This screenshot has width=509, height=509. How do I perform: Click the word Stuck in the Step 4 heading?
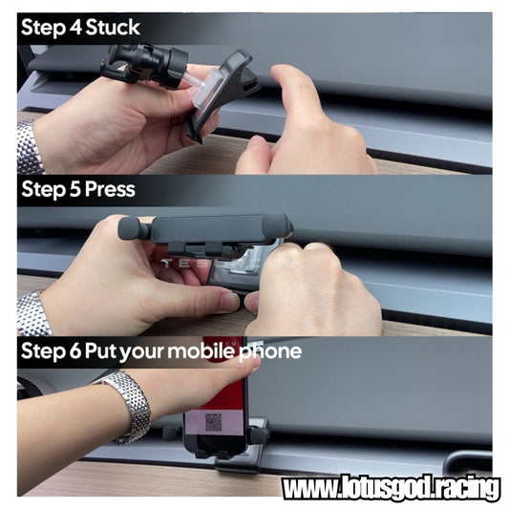(x=113, y=27)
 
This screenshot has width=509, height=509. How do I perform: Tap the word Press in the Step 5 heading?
(x=111, y=189)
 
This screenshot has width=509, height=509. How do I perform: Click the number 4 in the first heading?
(x=75, y=28)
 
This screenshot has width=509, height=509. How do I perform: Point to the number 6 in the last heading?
(x=75, y=351)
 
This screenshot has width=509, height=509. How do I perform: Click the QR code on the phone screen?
(x=213, y=422)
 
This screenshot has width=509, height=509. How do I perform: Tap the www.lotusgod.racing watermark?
(x=391, y=487)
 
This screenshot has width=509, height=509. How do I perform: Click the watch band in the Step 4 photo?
(x=29, y=147)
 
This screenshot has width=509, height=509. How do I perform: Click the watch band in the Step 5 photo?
(x=33, y=313)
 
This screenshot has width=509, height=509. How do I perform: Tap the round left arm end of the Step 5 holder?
(x=129, y=228)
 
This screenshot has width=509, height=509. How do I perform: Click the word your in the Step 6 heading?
(x=142, y=352)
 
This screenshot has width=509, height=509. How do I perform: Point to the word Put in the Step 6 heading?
(x=100, y=351)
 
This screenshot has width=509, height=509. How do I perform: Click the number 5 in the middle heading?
(x=75, y=189)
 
